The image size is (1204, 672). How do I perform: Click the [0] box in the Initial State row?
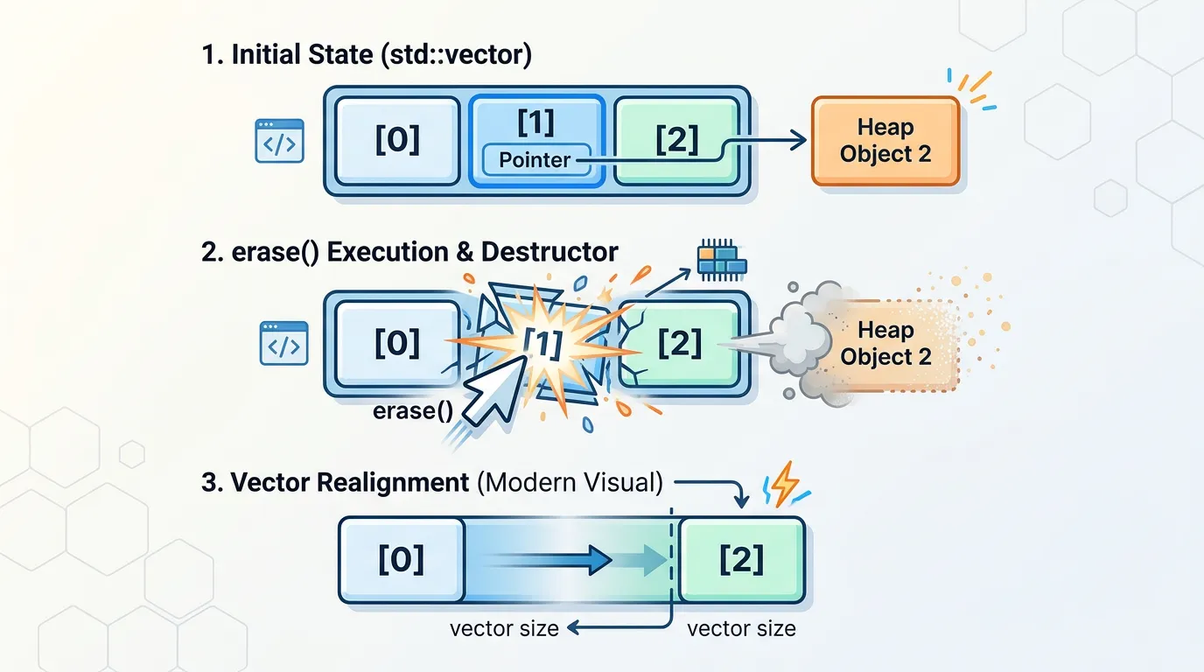(x=397, y=140)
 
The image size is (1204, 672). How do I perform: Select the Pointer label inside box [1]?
(x=534, y=160)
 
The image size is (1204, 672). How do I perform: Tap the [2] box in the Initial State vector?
(x=676, y=140)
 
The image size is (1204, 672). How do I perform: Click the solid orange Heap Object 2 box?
(x=885, y=141)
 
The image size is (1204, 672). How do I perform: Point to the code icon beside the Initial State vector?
(x=279, y=141)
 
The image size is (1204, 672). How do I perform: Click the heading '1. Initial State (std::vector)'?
(x=366, y=54)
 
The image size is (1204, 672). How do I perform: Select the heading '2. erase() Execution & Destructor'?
(x=409, y=253)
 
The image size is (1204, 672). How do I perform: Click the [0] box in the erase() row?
(x=397, y=344)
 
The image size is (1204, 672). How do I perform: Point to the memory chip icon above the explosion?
(x=721, y=260)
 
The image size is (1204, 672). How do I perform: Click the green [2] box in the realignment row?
(x=741, y=559)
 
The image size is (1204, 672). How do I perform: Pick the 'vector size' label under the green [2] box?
(x=741, y=628)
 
